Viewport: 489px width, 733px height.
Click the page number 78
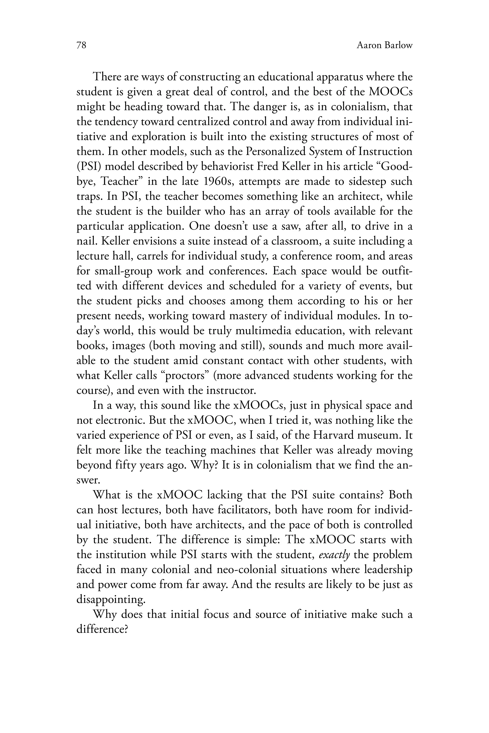click(x=81, y=46)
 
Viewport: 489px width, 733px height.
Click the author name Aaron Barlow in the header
click(x=384, y=46)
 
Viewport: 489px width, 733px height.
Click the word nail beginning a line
click(x=86, y=241)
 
